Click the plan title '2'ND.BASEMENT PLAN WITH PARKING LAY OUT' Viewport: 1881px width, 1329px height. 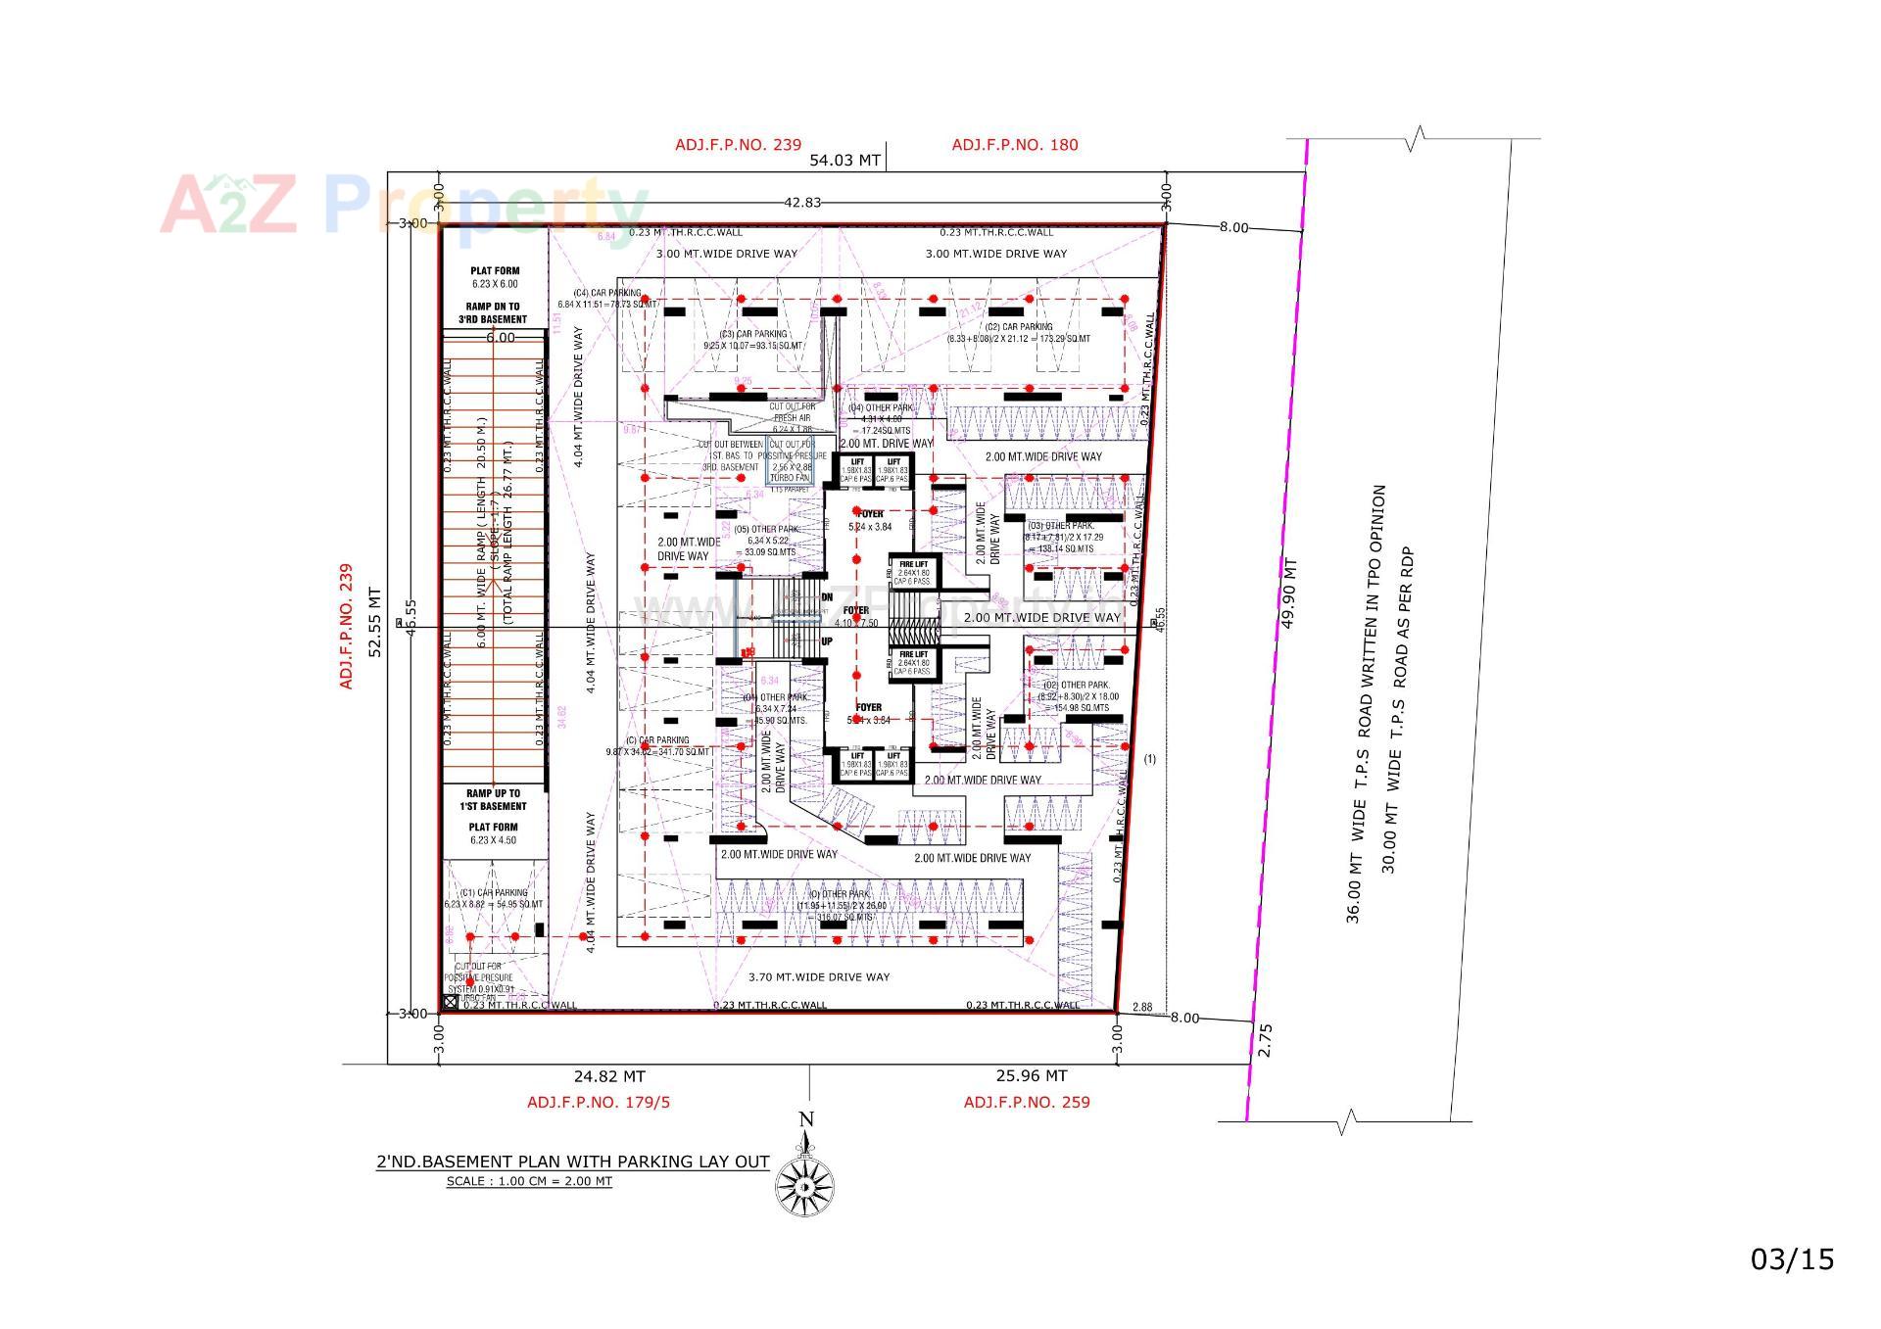click(572, 1162)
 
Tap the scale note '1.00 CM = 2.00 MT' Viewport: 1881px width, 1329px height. click(529, 1181)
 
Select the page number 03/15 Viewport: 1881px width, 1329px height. click(1792, 1258)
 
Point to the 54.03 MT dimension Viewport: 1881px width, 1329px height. click(844, 161)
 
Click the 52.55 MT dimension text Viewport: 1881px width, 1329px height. click(373, 621)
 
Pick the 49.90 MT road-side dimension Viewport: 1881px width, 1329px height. click(1289, 593)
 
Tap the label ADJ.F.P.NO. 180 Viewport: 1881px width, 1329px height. click(1014, 145)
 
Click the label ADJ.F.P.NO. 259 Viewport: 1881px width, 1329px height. click(1026, 1102)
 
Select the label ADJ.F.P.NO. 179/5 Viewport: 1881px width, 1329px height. click(599, 1102)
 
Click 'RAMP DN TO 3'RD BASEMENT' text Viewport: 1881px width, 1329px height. click(494, 313)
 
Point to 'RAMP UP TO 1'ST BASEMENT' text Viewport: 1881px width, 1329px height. click(495, 800)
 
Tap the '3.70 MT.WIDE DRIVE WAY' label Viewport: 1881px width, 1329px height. click(819, 976)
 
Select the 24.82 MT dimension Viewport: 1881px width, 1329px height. click(608, 1076)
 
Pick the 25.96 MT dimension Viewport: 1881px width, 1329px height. click(1031, 1076)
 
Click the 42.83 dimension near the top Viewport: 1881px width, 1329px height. click(802, 203)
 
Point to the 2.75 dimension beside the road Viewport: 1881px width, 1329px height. click(1265, 1039)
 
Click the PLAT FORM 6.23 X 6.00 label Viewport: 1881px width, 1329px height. click(494, 277)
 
